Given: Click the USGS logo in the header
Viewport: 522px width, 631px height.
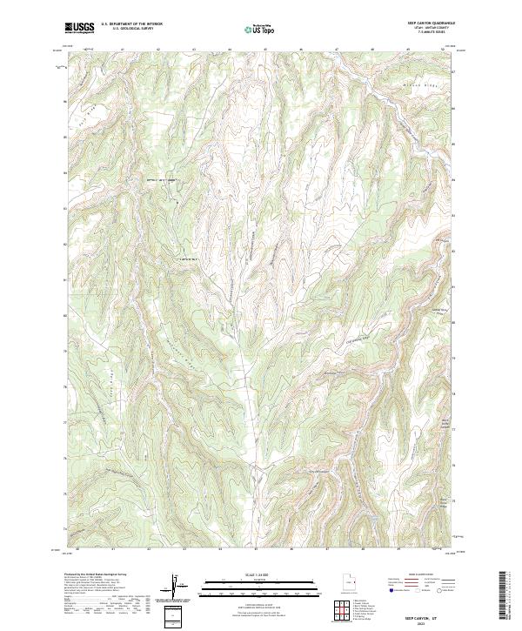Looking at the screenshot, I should [80, 28].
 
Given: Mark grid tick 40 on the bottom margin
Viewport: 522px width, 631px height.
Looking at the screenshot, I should [78, 550].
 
